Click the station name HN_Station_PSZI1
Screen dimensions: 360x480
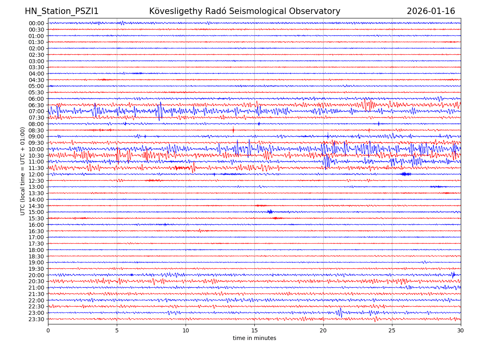click(x=62, y=12)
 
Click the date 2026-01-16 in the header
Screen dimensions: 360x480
click(x=431, y=12)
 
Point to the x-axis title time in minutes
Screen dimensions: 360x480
click(x=254, y=338)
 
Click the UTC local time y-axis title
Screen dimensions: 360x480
click(x=23, y=171)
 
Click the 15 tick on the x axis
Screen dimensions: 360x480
click(x=254, y=330)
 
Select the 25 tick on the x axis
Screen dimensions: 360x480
click(x=392, y=330)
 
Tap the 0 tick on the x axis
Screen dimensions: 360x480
click(x=48, y=330)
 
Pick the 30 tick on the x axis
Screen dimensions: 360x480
click(x=461, y=330)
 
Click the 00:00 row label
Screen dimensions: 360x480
click(x=36, y=23)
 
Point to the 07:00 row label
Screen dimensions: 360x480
click(x=36, y=111)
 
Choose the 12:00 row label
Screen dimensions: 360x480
click(x=36, y=174)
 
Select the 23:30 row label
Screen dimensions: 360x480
click(x=36, y=319)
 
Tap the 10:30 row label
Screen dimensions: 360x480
click(x=36, y=156)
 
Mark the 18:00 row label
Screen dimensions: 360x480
click(x=36, y=250)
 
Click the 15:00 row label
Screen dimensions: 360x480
click(x=36, y=212)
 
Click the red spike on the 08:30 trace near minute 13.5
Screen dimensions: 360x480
click(x=233, y=130)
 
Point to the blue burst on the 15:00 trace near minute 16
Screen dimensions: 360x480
click(x=270, y=212)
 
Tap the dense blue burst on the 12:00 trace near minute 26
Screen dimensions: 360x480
click(x=405, y=174)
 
